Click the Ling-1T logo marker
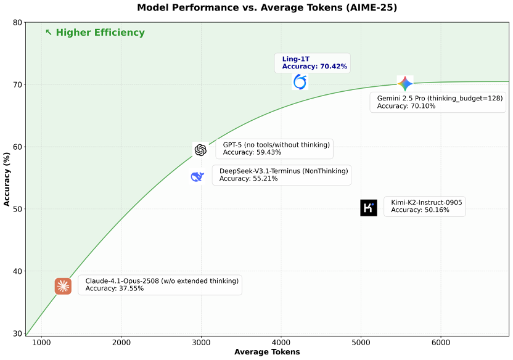300,82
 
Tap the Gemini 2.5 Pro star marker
404,84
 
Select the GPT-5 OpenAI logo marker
200,150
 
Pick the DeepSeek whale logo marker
197,177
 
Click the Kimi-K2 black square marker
369,208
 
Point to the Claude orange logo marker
63,286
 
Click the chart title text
266,8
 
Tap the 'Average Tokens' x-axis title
267,352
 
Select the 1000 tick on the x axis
42,342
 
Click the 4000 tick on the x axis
281,342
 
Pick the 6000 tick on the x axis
440,342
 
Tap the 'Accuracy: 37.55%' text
115,288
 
